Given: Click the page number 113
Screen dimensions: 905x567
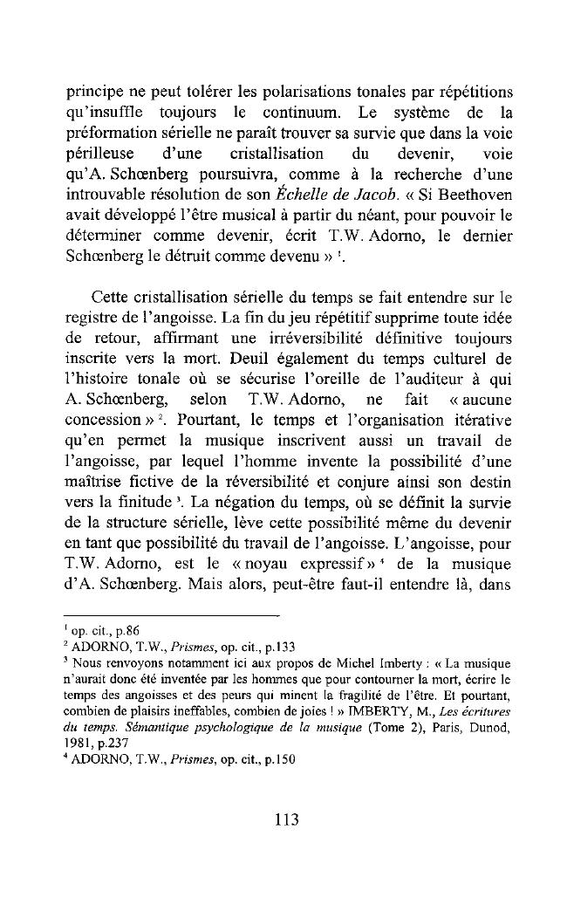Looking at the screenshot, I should point(285,819).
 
